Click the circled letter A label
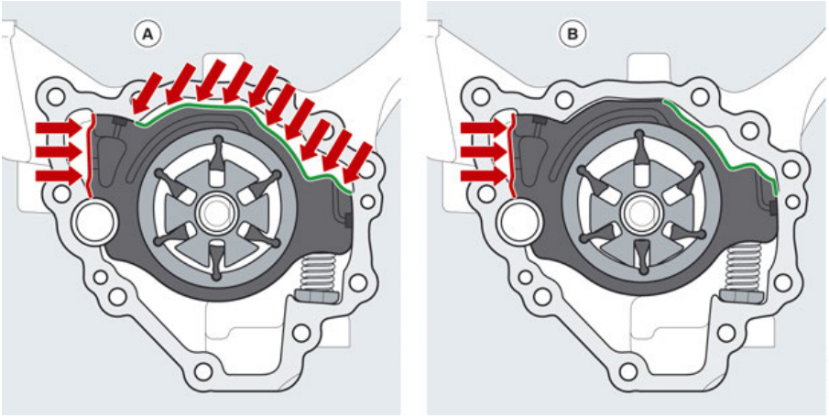(147, 35)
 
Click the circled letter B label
(573, 35)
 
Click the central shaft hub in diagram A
(216, 213)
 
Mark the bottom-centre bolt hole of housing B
(628, 370)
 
